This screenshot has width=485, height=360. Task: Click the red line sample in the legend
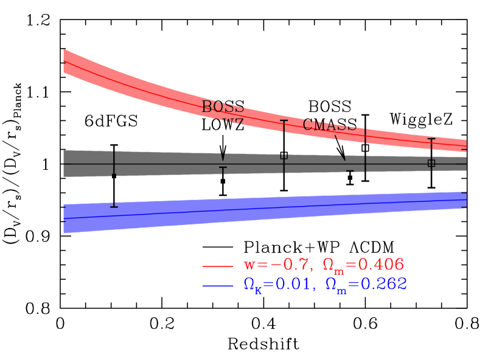pos(217,266)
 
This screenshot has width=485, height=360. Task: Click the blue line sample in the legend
pos(217,286)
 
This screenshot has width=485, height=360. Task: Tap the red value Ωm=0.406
pos(363,265)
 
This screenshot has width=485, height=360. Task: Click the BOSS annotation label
pos(223,107)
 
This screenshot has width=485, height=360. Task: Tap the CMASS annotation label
pos(330,125)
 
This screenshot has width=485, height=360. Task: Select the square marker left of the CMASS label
pos(284,156)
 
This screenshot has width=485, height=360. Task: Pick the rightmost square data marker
pos(431,163)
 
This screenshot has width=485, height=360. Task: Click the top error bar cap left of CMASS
pos(284,121)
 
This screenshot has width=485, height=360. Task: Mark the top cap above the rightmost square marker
pos(431,139)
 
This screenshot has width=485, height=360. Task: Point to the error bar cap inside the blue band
pos(114,207)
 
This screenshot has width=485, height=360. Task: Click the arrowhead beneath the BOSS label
pos(223,157)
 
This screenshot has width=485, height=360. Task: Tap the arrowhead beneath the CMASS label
pos(343,157)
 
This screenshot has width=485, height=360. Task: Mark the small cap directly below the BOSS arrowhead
pos(223,167)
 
